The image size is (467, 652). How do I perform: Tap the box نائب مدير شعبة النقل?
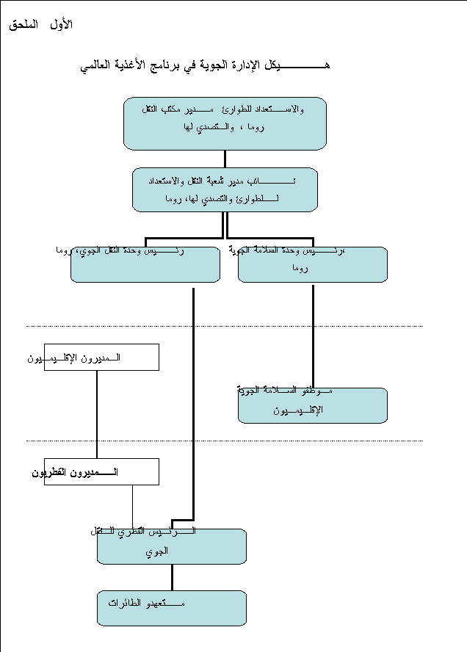point(225,189)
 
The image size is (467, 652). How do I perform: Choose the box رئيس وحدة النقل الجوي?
point(145,265)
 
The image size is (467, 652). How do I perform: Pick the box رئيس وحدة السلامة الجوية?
point(313,265)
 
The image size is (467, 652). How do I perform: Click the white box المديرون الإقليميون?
point(101,358)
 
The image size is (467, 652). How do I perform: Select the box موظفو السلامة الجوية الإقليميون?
point(313,406)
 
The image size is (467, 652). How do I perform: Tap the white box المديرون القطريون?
point(101,471)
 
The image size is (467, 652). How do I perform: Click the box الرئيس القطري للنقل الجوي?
point(172,546)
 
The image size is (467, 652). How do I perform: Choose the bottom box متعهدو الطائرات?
point(172,608)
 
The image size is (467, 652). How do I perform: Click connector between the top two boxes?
point(225,159)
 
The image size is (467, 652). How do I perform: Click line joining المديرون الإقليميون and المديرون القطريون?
point(97,415)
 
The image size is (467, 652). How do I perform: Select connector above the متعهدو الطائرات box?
point(172,577)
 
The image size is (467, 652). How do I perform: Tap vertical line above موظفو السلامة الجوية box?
point(313,334)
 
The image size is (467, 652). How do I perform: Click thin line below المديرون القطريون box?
point(132,507)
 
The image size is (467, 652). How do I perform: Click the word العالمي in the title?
point(98,65)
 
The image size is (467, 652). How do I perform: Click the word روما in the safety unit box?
point(299,269)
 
